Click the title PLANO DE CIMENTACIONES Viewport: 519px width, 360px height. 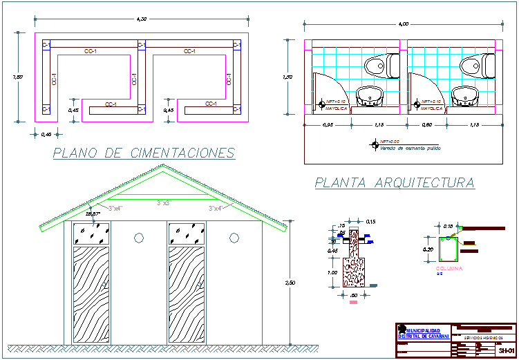click(x=144, y=153)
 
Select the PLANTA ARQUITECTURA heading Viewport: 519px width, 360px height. click(x=395, y=183)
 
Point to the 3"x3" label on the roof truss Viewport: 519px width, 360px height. click(x=163, y=203)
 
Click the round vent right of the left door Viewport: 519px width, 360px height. click(x=138, y=237)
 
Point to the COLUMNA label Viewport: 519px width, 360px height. click(x=449, y=267)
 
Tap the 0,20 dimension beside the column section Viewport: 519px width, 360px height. click(x=428, y=249)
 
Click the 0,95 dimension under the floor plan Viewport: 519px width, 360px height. click(x=328, y=125)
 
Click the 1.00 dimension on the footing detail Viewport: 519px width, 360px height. click(x=333, y=272)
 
